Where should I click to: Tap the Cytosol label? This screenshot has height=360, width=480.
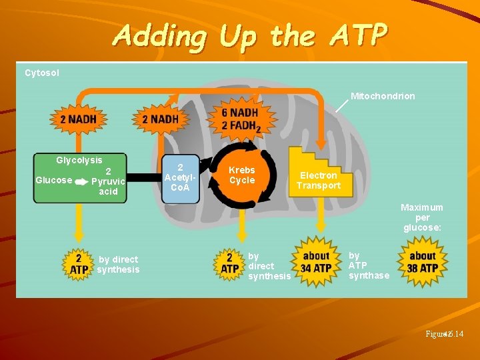[x=42, y=73]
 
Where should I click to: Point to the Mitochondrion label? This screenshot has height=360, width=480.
[x=383, y=96]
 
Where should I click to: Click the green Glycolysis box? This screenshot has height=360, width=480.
[x=80, y=177]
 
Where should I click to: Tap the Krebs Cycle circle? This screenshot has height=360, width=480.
[x=242, y=175]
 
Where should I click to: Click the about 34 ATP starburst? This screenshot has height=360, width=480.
[x=316, y=262]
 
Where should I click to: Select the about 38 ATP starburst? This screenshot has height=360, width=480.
[x=423, y=262]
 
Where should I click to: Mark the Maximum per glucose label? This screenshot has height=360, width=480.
[x=422, y=217]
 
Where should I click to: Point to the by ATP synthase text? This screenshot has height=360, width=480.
[x=369, y=265]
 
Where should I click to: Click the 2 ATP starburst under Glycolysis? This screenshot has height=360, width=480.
[x=79, y=264]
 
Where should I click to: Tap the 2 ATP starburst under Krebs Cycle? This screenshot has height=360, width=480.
[x=229, y=263]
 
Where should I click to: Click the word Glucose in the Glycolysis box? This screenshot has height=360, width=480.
[x=53, y=180]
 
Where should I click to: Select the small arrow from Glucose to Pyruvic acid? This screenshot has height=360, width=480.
[x=81, y=181]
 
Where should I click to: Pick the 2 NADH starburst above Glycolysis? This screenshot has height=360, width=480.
[x=79, y=119]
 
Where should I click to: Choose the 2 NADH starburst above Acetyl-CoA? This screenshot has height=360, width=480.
[x=160, y=119]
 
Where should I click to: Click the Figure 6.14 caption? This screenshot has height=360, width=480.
[x=446, y=333]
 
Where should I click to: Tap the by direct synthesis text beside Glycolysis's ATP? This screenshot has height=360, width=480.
[x=118, y=265]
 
